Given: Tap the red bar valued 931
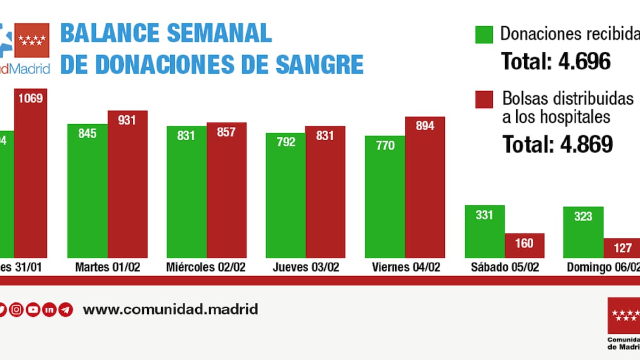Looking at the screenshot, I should [127, 184].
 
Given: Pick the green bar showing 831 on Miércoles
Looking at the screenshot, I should [187, 192].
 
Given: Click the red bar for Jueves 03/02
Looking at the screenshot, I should [325, 192].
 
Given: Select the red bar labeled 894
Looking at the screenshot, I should [425, 187].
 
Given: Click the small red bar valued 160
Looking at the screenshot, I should [525, 246].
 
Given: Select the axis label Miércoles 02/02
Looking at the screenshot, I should [206, 267].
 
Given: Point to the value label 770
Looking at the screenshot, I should [385, 145].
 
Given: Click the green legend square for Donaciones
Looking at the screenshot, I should [484, 35].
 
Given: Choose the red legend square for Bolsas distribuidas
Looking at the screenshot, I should [484, 100].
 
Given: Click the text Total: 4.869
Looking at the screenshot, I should [557, 143].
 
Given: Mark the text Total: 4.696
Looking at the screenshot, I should [556, 62].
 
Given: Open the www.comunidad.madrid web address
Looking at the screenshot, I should [171, 309].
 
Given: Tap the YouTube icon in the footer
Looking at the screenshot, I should [33, 309].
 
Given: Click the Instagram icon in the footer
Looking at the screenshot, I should [17, 309].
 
